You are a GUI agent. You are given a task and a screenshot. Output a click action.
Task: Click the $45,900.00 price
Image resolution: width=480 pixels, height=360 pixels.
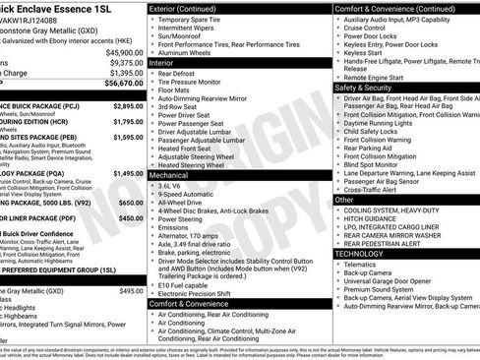[x=124, y=52]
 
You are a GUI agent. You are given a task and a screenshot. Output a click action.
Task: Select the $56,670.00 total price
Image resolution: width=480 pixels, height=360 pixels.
[x=124, y=84]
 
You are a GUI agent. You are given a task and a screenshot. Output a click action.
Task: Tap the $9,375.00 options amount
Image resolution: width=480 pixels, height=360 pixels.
[x=125, y=62]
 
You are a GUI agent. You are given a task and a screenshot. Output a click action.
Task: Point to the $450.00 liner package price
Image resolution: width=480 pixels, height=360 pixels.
[x=131, y=218]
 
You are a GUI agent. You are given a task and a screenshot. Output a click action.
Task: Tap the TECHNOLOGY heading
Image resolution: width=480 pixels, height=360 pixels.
[x=361, y=253]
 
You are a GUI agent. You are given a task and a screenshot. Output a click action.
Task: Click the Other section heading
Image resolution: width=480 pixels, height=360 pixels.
[x=344, y=200]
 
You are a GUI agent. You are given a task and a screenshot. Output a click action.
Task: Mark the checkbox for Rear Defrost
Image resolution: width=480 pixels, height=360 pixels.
[x=153, y=73]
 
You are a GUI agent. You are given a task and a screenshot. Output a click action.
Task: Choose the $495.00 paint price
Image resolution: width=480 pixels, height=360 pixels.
[x=131, y=291]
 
